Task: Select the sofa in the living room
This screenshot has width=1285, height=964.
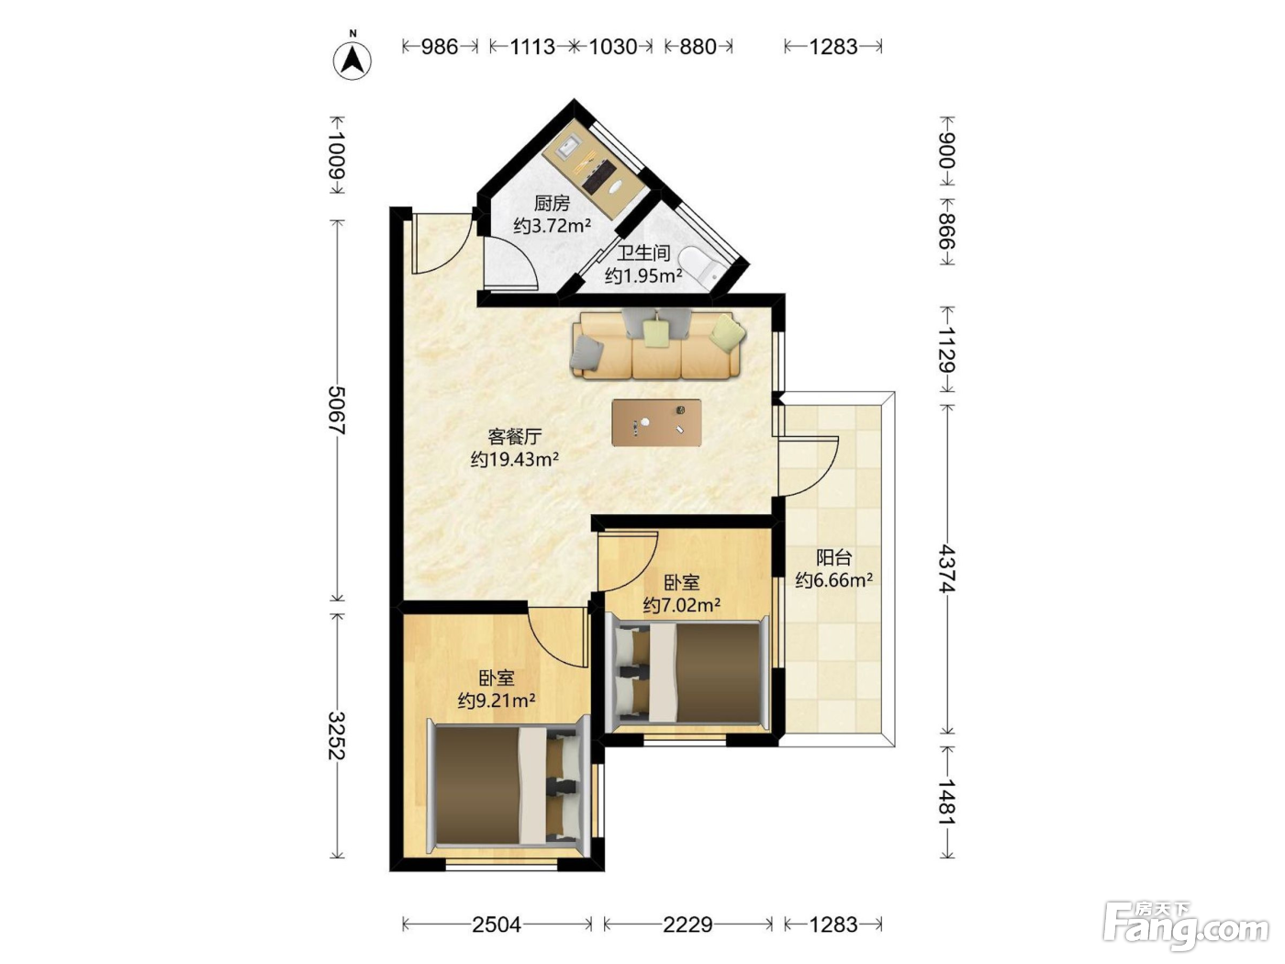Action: point(659,344)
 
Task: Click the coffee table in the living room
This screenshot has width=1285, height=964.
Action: point(656,422)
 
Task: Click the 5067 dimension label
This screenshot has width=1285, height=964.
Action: point(337,410)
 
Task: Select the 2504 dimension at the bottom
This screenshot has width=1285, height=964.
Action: point(497,925)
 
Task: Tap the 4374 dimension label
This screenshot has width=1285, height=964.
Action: point(946,569)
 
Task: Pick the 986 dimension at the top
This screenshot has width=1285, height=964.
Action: point(440,46)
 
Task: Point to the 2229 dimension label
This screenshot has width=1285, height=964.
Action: point(687,925)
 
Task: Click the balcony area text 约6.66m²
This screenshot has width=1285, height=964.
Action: point(833,580)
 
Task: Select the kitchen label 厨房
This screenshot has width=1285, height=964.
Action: point(552,204)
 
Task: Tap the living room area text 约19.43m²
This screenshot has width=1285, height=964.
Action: point(515,459)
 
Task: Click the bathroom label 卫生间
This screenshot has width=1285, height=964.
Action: point(643,253)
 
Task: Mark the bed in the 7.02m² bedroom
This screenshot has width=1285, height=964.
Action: point(687,673)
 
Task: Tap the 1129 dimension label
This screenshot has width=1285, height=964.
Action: point(946,350)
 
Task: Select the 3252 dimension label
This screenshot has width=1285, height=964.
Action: point(337,735)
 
